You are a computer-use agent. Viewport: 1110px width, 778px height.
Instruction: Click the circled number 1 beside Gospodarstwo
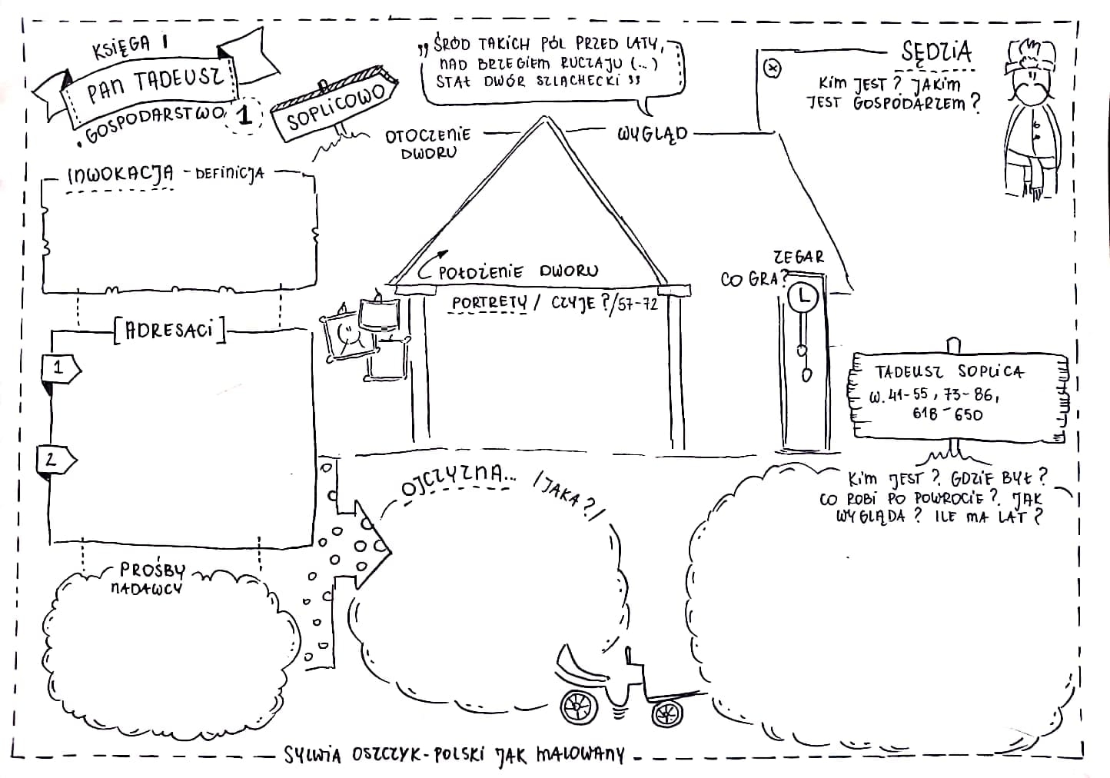[x=245, y=115]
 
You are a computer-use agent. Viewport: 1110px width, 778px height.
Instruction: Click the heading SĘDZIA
[x=936, y=52]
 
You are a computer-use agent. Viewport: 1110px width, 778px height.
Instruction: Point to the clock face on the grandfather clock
[x=804, y=296]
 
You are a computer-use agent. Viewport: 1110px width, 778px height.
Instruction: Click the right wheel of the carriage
[x=667, y=713]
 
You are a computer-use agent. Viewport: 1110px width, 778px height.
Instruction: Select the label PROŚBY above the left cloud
[x=152, y=570]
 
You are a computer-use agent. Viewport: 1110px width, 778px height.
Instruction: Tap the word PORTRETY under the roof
[x=489, y=303]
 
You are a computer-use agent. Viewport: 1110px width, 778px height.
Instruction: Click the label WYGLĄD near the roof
[x=652, y=134]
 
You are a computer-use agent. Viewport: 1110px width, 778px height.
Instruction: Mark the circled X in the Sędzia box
[x=773, y=68]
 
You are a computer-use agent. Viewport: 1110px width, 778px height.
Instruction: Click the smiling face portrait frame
[x=345, y=335]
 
